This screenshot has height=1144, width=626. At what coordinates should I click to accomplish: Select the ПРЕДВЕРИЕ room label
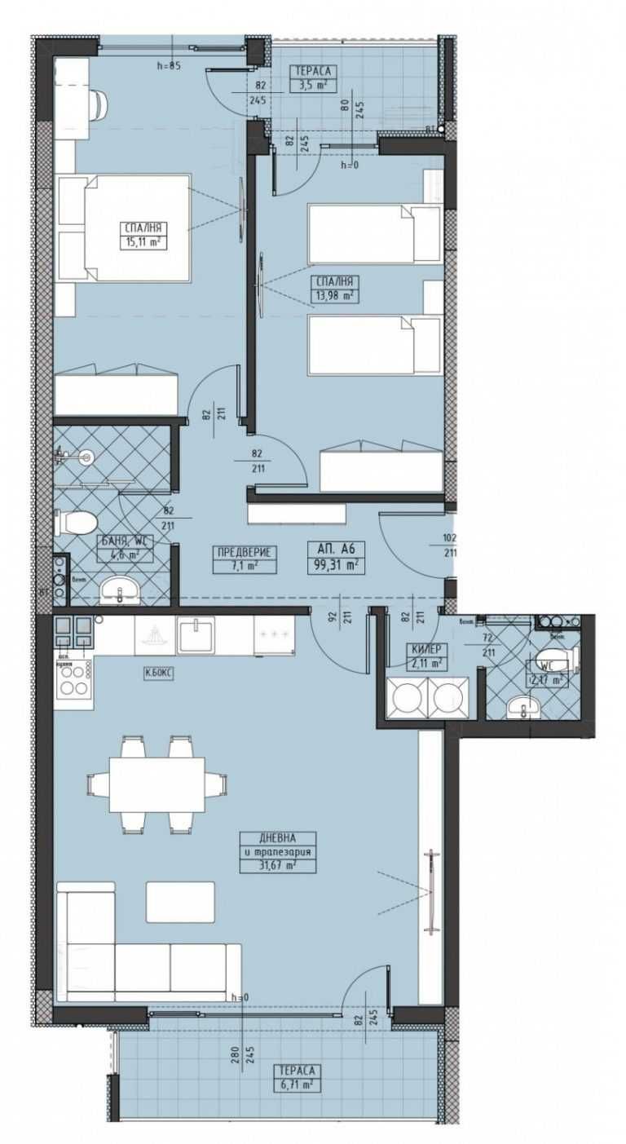245,553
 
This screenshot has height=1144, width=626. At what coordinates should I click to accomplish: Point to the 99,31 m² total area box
334,563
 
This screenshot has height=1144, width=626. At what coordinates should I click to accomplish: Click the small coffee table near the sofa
180,902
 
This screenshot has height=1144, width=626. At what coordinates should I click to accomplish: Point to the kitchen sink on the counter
196,635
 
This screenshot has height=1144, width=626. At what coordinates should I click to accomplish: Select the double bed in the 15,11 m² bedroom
124,228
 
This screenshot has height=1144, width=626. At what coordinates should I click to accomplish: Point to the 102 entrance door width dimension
450,538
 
